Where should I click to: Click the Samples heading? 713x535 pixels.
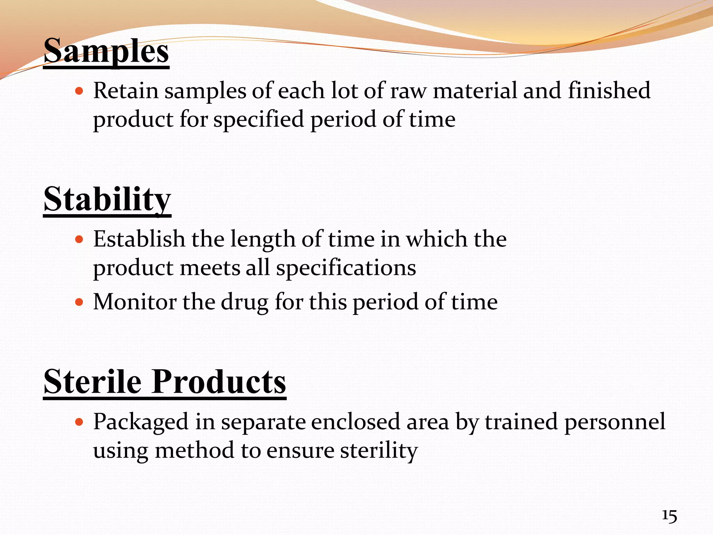pyautogui.click(x=106, y=52)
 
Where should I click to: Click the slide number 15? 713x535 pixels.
pyautogui.click(x=669, y=516)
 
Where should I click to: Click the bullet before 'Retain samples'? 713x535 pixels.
pyautogui.click(x=79, y=91)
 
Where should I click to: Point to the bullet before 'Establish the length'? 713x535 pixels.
pyautogui.click(x=79, y=240)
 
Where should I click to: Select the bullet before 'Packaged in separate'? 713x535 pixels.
pyautogui.click(x=79, y=422)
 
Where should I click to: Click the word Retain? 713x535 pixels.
pyautogui.click(x=126, y=91)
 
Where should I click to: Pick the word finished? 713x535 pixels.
pyautogui.click(x=609, y=91)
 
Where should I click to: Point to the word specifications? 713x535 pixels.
pyautogui.click(x=346, y=269)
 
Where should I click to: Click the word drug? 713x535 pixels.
pyautogui.click(x=245, y=302)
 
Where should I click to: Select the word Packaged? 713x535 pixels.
pyautogui.click(x=141, y=422)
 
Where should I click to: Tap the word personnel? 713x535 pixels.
pyautogui.click(x=615, y=422)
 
